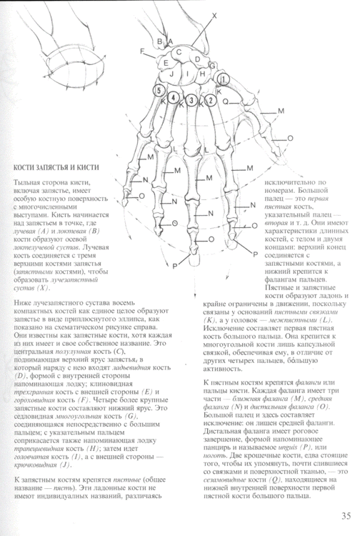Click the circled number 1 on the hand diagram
224,79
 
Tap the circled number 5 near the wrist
159,91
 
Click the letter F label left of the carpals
143,51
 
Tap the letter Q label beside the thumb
224,101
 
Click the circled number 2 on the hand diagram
210,100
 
